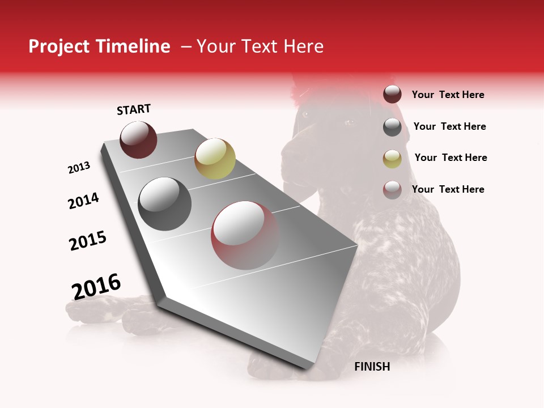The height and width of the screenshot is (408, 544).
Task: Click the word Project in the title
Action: tap(57, 47)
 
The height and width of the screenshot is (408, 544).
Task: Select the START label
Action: tap(134, 109)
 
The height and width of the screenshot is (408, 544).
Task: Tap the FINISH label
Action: tap(372, 367)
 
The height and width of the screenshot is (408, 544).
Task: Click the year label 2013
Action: tap(79, 168)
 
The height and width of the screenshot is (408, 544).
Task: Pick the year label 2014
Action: tap(83, 201)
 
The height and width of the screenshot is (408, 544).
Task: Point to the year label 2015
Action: tap(88, 241)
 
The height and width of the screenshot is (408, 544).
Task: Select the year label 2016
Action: tap(96, 286)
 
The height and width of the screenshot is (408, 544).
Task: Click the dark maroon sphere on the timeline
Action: tap(138, 139)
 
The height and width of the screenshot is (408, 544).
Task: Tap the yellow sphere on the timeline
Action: tap(215, 158)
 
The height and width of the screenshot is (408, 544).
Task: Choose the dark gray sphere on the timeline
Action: tap(164, 203)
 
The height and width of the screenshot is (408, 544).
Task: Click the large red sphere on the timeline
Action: tap(245, 235)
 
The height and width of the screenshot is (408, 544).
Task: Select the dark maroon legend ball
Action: tap(392, 95)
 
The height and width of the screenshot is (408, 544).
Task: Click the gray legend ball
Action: tap(392, 127)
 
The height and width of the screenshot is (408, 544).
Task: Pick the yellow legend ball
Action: tap(392, 158)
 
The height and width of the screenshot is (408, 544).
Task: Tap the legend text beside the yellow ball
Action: tap(450, 158)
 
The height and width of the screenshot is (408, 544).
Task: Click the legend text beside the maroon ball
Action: tap(448, 95)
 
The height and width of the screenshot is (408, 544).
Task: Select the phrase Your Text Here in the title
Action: tap(260, 46)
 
